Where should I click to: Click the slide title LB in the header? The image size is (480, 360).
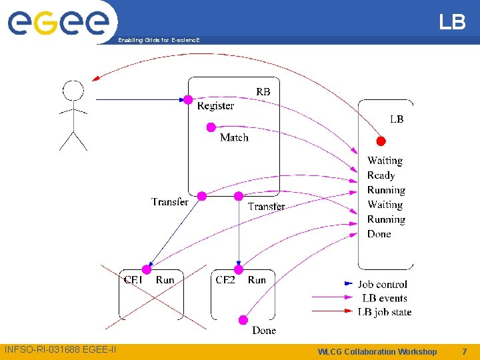click(x=452, y=23)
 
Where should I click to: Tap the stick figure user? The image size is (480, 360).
click(x=73, y=115)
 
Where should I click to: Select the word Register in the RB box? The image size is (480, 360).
click(x=215, y=106)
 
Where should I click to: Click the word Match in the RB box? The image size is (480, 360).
click(x=234, y=137)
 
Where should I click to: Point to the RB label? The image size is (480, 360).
click(x=263, y=91)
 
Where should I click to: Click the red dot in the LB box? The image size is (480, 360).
click(x=381, y=141)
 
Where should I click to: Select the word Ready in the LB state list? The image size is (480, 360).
click(x=381, y=175)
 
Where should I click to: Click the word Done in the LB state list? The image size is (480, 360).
click(x=379, y=234)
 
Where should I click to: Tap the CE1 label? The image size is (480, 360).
click(x=133, y=280)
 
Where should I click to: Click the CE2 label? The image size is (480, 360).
click(x=225, y=280)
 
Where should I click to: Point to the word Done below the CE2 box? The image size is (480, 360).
click(x=264, y=330)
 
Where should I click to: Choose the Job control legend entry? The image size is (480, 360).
click(x=382, y=284)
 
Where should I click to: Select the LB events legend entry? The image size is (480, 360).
click(x=384, y=298)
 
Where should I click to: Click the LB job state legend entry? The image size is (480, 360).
click(x=384, y=312)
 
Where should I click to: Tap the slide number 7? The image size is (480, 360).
click(x=464, y=351)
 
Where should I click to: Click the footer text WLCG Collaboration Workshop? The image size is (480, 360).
click(x=377, y=351)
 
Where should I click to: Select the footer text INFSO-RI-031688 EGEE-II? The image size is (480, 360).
click(x=60, y=349)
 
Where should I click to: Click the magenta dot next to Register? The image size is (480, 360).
click(x=188, y=100)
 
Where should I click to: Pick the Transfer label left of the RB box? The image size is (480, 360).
click(x=170, y=201)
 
